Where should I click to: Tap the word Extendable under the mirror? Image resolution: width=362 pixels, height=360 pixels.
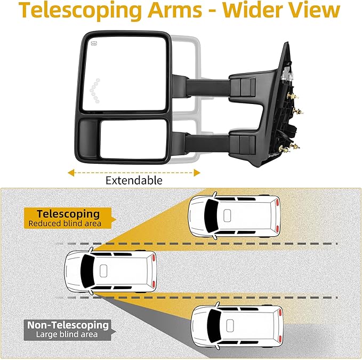tap(133, 180)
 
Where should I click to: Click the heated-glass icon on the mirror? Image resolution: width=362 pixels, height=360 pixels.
tap(94, 44)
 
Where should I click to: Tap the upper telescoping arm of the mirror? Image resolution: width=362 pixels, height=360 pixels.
tap(213, 85)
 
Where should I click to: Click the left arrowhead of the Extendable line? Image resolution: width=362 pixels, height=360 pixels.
tap(69, 172)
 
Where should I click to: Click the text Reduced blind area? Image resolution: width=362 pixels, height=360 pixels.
tap(65, 223)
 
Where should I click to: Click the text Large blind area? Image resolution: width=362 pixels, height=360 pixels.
tap(67, 334)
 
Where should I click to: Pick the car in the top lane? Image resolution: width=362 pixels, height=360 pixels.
tap(235, 215)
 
